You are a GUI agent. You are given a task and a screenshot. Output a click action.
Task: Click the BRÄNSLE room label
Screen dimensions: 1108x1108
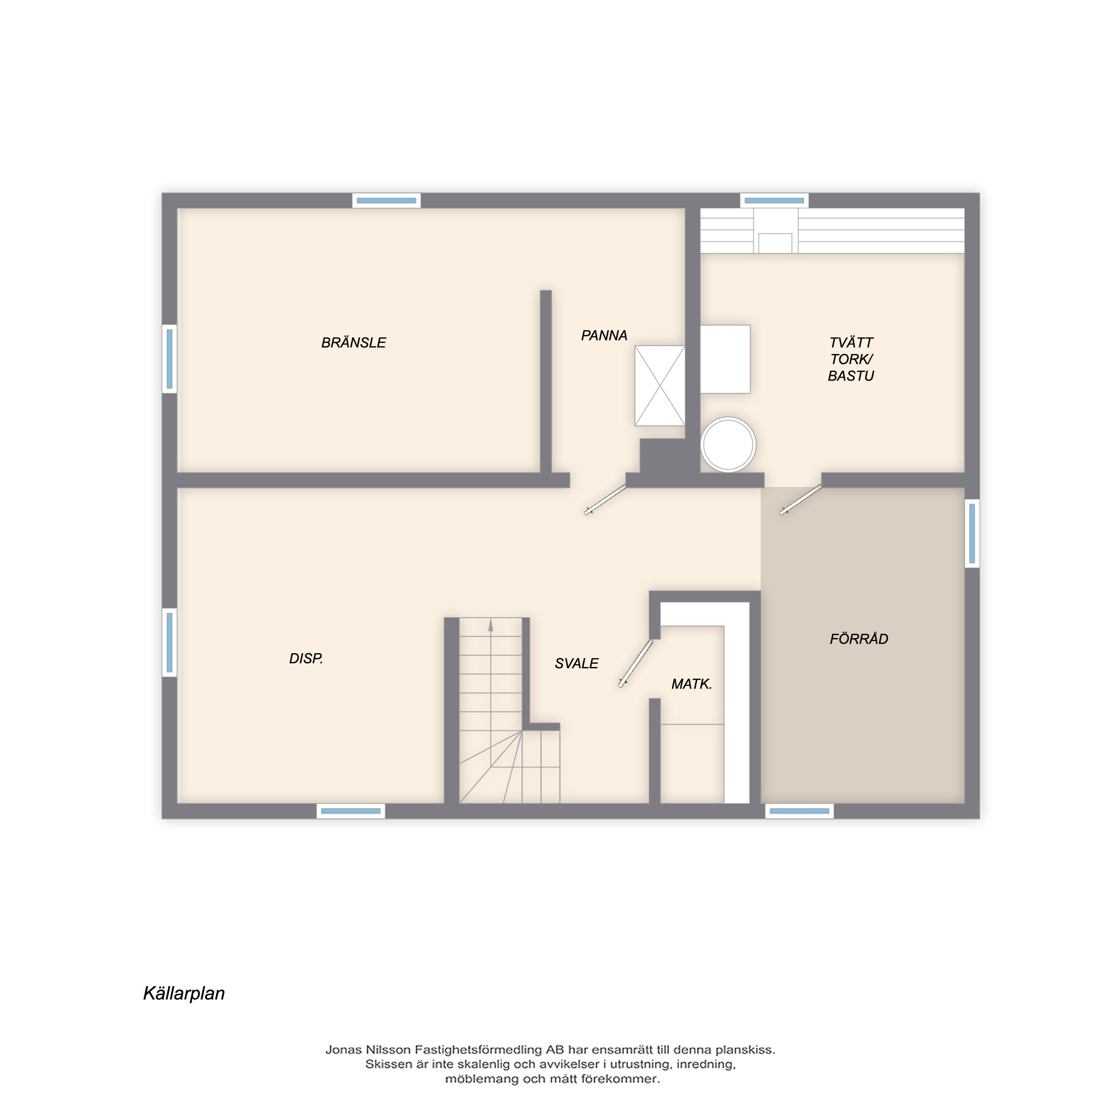(353, 342)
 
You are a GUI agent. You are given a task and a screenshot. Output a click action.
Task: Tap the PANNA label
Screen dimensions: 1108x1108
(604, 336)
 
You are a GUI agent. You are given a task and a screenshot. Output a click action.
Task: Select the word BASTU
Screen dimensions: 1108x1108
(850, 376)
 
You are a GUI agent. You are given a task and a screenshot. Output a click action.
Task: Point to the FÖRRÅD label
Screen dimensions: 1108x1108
(859, 639)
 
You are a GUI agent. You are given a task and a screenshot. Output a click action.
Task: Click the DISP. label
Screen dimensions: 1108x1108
(306, 658)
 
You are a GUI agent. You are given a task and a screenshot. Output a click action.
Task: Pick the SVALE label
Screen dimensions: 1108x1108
(576, 664)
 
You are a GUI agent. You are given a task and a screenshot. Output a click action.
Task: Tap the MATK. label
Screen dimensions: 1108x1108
(691, 684)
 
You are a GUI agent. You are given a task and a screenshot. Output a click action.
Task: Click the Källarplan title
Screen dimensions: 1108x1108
(183, 993)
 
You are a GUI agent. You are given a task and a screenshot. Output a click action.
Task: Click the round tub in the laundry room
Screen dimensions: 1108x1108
(729, 444)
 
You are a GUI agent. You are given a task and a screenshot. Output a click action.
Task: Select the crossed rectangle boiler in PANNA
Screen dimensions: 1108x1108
(659, 386)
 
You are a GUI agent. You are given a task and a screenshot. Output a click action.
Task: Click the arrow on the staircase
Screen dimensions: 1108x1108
(490, 625)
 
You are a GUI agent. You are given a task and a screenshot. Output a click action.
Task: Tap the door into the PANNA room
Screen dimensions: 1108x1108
(605, 499)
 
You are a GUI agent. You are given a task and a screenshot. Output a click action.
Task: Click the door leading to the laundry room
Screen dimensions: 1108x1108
(801, 500)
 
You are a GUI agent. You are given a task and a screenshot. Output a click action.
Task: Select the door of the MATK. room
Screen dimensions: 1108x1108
(636, 663)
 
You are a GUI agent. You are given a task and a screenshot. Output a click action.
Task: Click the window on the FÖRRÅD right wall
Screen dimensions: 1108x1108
(972, 534)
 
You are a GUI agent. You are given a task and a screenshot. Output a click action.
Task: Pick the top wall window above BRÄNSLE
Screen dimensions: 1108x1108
(386, 201)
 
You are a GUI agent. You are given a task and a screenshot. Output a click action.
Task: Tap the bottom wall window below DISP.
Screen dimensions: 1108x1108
(351, 811)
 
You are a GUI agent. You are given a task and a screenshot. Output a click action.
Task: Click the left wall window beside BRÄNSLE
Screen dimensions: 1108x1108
(169, 359)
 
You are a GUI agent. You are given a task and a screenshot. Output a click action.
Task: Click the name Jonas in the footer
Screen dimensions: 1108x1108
(344, 1049)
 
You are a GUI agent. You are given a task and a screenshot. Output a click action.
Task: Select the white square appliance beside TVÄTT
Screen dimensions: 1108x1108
(726, 359)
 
